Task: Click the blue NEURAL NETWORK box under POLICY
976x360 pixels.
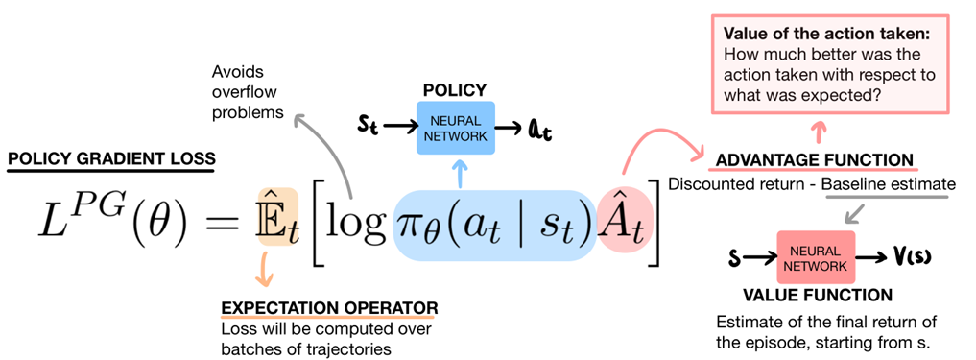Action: tap(454, 127)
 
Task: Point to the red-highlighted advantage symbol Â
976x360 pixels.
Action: tap(622, 231)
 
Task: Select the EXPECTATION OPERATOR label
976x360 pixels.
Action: tap(329, 308)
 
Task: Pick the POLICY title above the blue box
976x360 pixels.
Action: tap(453, 89)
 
